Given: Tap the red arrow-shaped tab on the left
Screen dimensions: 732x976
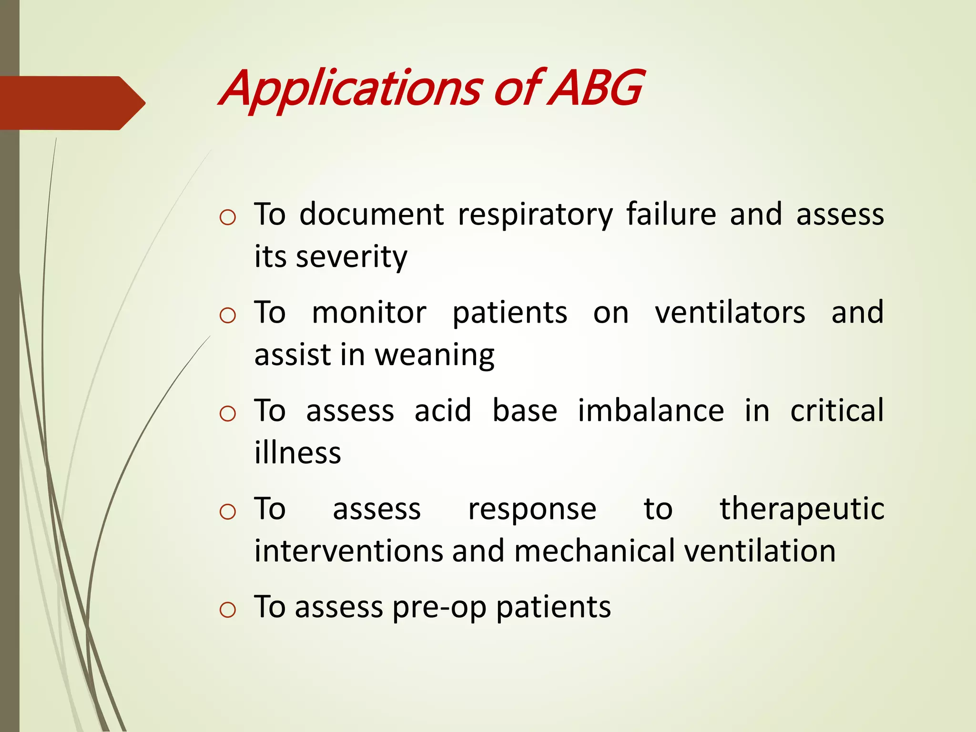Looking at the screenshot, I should click(71, 103).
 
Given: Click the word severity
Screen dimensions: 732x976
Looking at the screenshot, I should click(351, 257).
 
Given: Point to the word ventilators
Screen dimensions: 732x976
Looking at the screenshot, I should click(730, 313).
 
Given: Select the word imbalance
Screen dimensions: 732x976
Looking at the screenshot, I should click(651, 411).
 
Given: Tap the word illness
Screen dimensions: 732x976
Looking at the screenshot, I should click(297, 453).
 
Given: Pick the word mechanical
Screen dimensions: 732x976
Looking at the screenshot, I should click(594, 551).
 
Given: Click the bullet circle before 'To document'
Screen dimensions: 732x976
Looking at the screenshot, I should click(228, 218).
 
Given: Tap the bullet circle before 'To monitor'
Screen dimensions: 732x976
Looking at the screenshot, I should click(228, 315).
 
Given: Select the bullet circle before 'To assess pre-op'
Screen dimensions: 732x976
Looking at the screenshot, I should click(228, 610).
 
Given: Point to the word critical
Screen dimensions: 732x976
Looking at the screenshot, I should click(837, 411).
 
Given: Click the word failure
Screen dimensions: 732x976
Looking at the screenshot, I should click(671, 214).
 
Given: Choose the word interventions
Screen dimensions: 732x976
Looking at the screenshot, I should click(348, 551).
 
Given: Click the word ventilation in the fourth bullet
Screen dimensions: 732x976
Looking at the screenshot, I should click(760, 551).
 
